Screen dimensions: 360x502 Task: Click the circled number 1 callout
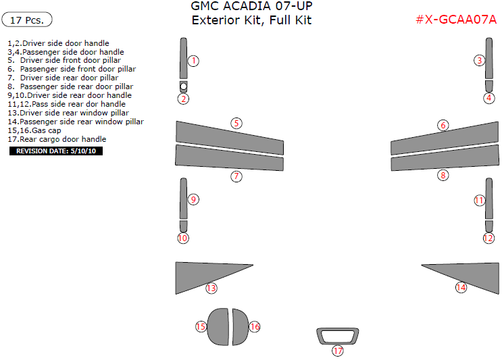click(x=193, y=61)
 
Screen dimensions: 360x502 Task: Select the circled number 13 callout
click(x=211, y=288)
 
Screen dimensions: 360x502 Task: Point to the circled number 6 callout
click(x=443, y=125)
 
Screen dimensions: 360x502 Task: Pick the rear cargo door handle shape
click(x=336, y=335)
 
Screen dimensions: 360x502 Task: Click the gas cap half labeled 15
click(x=218, y=326)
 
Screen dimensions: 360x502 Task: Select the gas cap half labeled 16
click(x=239, y=327)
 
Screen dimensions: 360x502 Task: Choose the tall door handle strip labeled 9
click(x=183, y=199)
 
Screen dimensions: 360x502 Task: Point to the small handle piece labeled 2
click(x=183, y=86)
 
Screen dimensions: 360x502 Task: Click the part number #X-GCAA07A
click(x=456, y=20)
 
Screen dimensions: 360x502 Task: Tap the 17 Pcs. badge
click(x=28, y=20)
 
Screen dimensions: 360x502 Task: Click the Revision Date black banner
click(x=55, y=151)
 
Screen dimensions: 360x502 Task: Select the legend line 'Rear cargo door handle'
click(x=57, y=139)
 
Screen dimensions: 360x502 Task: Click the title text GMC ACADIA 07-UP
click(x=251, y=6)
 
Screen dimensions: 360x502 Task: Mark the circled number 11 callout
click(x=480, y=201)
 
